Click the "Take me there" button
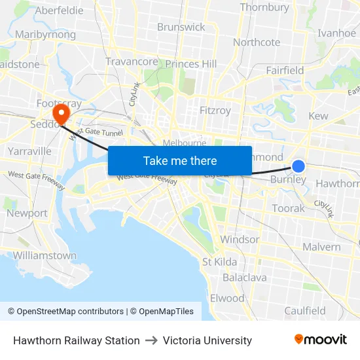click(x=180, y=160)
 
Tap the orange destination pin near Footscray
click(x=61, y=114)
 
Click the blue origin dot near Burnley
click(x=298, y=166)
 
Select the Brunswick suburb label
click(x=181, y=27)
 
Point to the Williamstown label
click(x=45, y=255)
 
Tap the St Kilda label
click(x=220, y=262)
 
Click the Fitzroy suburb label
click(x=215, y=111)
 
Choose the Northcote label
click(x=257, y=42)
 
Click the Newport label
click(x=27, y=213)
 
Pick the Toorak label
click(x=289, y=208)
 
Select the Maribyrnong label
click(x=45, y=34)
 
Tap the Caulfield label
click(x=305, y=310)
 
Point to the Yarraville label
click(x=29, y=151)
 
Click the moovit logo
click(x=321, y=340)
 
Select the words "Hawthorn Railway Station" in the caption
click(x=77, y=340)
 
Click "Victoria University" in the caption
click(x=207, y=340)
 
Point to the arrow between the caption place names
click(x=151, y=340)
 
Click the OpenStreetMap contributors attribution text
click(x=66, y=312)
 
